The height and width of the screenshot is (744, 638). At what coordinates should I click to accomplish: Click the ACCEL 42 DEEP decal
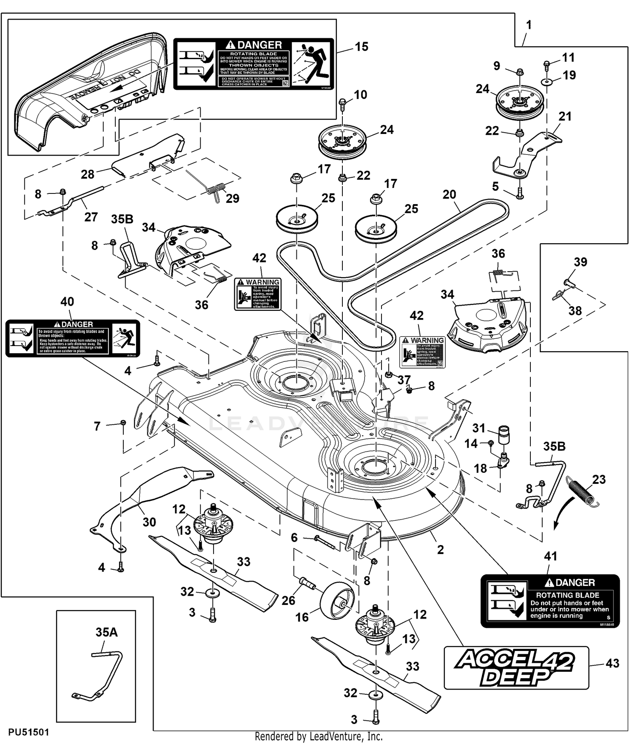[516, 667]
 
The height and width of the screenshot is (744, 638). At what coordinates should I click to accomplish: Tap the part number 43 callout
[612, 663]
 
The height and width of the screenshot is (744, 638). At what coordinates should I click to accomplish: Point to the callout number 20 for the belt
[449, 195]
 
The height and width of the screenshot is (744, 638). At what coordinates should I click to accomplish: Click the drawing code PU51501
[28, 732]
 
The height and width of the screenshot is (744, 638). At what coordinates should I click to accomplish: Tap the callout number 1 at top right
[529, 26]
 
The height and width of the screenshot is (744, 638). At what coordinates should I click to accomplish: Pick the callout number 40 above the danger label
[67, 302]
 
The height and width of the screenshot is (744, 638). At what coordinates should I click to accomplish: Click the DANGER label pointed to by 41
[550, 601]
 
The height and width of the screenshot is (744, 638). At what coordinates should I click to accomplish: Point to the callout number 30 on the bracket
[149, 522]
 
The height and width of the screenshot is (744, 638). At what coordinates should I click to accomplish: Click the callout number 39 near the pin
[581, 262]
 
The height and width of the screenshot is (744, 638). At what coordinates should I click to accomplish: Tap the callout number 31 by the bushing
[479, 428]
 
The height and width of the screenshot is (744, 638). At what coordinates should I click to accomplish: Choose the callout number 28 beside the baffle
[88, 174]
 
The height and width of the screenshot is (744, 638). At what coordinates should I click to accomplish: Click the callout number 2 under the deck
[441, 550]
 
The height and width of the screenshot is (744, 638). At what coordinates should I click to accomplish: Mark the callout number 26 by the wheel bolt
[288, 600]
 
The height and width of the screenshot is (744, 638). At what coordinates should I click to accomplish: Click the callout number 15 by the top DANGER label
[362, 47]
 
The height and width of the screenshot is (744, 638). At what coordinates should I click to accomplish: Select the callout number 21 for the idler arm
[565, 116]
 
